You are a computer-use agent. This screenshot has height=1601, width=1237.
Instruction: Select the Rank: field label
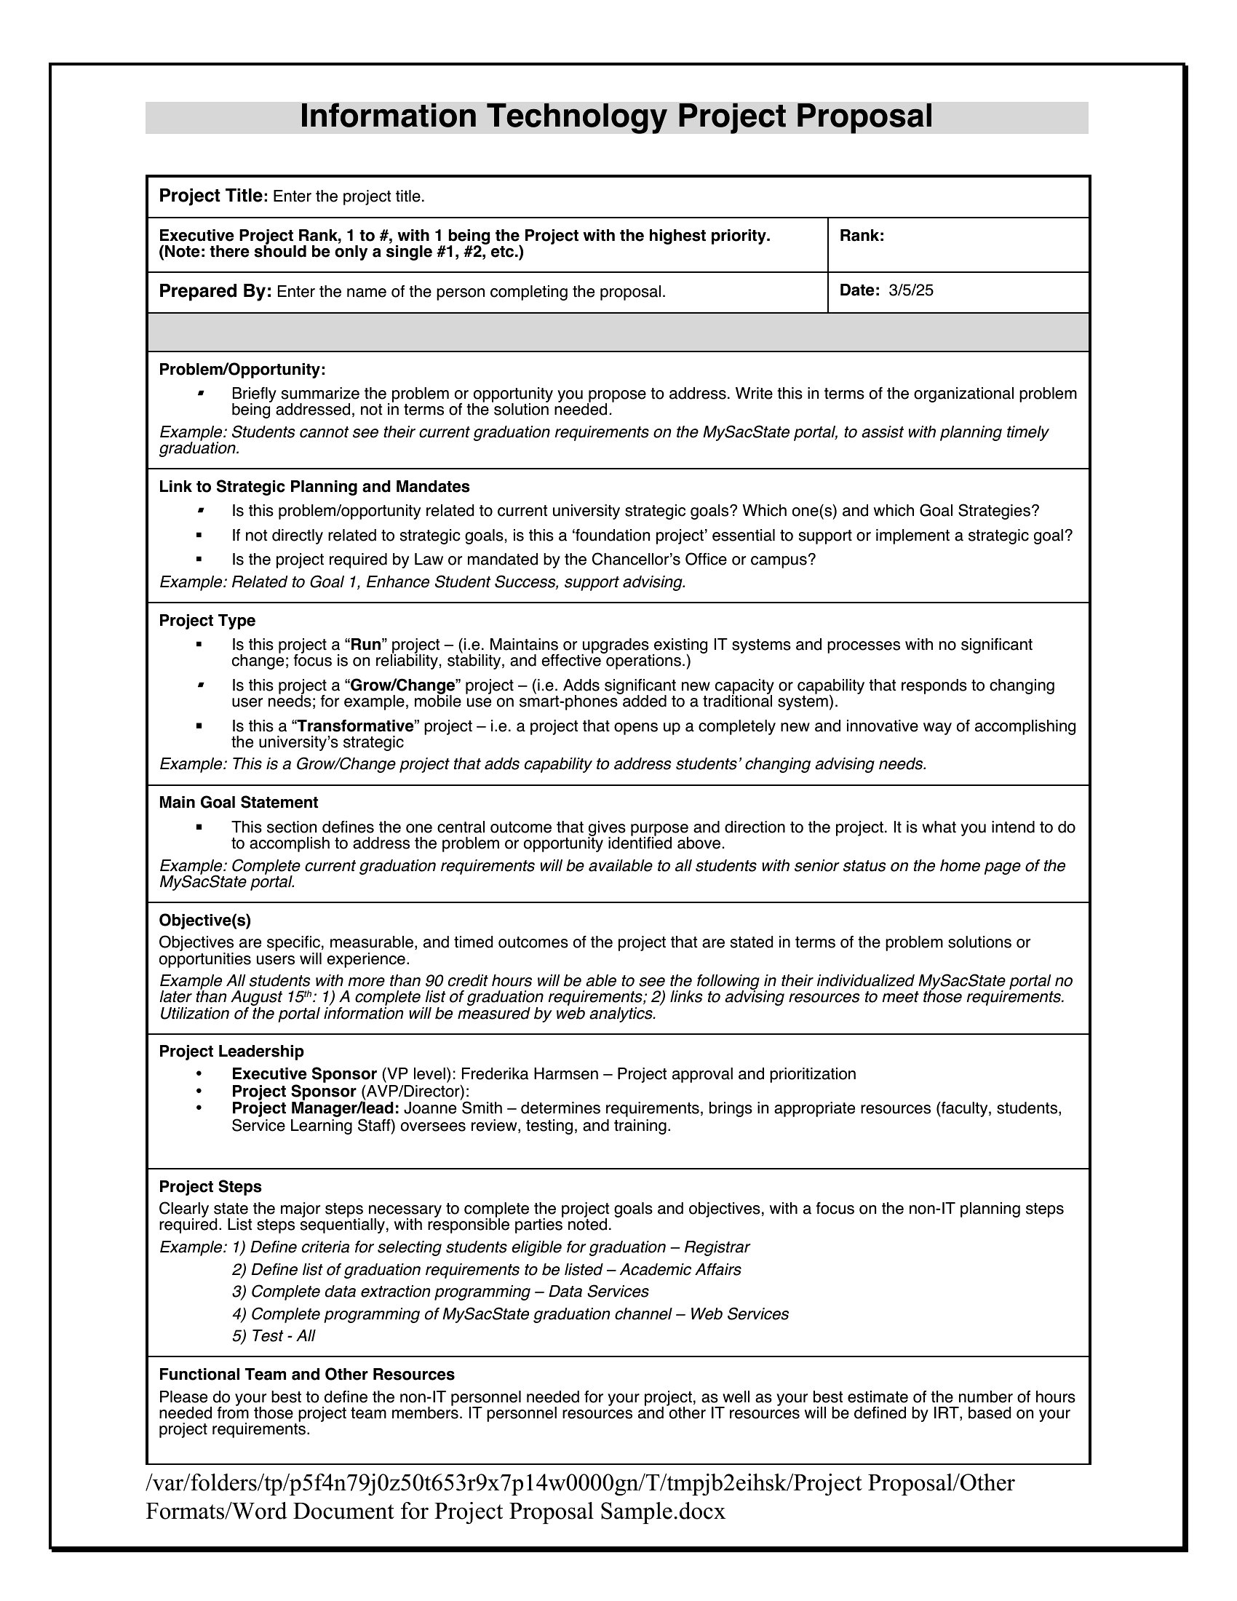(862, 236)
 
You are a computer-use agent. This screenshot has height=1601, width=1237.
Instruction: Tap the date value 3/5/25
(911, 290)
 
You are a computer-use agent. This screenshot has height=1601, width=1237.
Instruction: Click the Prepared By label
(215, 291)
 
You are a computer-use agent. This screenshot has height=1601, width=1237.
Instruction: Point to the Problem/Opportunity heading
(242, 370)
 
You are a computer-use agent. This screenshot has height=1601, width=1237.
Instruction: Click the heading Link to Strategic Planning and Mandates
(314, 487)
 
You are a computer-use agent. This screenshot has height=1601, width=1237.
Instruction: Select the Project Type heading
(207, 621)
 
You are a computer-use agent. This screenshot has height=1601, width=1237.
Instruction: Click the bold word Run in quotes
(367, 645)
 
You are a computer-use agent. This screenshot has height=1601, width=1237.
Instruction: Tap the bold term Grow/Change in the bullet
(403, 686)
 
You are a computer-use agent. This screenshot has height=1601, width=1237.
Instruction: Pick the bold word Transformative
(355, 726)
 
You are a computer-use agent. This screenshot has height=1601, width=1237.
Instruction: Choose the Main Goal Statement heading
(238, 803)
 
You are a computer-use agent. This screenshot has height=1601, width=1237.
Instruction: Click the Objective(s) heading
(205, 921)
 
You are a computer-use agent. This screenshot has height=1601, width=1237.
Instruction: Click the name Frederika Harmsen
(530, 1075)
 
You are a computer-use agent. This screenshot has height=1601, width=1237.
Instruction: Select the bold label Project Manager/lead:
(315, 1108)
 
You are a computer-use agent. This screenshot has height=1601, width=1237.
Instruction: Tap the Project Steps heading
(210, 1187)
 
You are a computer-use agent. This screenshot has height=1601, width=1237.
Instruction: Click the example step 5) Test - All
(274, 1336)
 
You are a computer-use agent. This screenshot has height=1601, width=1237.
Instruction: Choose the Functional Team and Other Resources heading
(306, 1375)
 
